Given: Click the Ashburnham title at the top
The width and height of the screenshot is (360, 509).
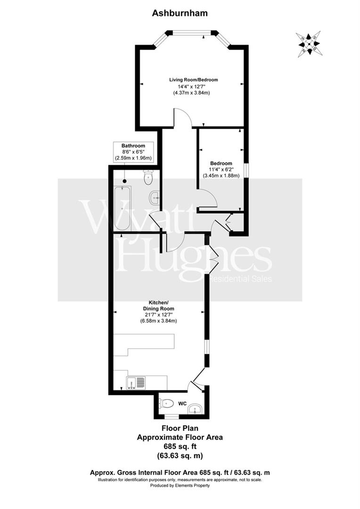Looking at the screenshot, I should [x=180, y=14].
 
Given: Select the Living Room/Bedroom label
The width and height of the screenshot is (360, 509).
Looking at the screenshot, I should [x=194, y=80].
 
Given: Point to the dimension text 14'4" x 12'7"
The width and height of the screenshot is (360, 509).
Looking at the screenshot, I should [x=194, y=86].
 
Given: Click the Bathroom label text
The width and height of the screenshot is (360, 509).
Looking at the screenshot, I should [x=133, y=146].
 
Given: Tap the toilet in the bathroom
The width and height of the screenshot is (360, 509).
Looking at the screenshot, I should [x=148, y=178].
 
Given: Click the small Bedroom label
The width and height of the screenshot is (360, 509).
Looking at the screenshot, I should [x=221, y=164].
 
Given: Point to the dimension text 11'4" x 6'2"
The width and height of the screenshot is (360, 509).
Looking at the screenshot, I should [x=221, y=170].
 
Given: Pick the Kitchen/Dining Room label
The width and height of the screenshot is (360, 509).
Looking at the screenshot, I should [x=158, y=304].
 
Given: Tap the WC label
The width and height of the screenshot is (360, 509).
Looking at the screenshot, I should [x=183, y=403].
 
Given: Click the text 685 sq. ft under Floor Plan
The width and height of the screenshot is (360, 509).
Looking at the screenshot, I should [x=180, y=446].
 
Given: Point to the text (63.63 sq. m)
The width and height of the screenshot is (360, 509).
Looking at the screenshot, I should [x=180, y=455].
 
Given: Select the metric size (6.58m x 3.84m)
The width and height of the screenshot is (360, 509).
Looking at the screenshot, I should [x=158, y=321].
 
